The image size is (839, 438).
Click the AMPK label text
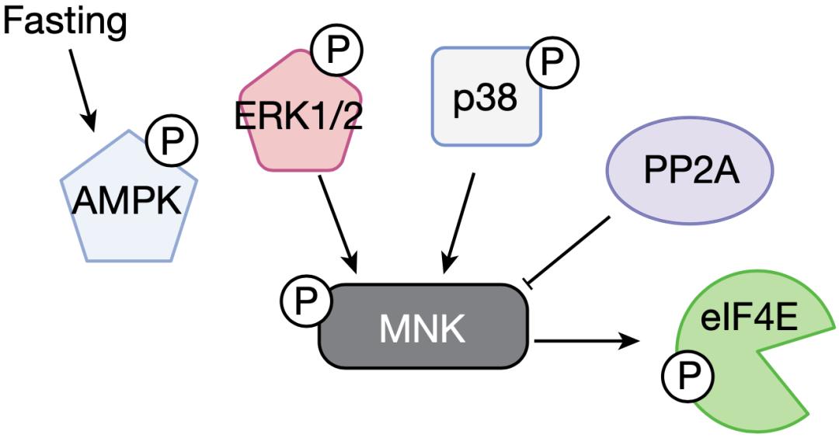click(x=128, y=203)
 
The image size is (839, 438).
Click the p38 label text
click(x=486, y=100)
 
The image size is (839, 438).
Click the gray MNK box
click(x=423, y=328)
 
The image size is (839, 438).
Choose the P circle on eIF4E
click(x=687, y=377)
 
